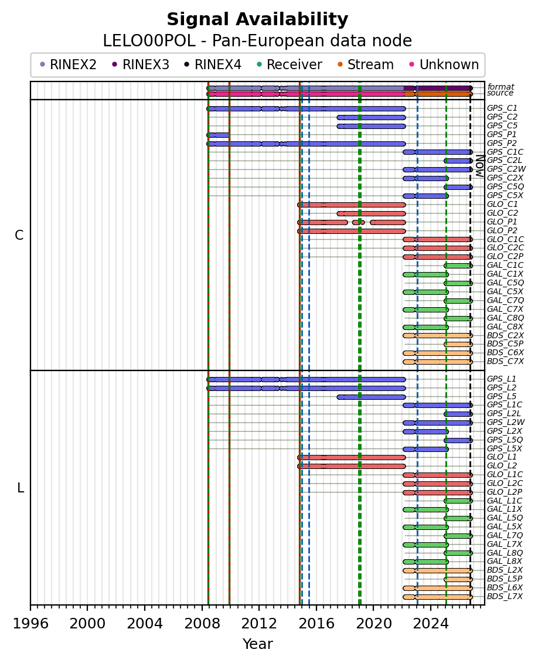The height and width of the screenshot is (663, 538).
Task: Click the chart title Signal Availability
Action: click(257, 19)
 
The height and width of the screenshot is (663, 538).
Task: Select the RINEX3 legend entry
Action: click(141, 64)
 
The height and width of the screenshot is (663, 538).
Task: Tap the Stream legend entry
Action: click(366, 64)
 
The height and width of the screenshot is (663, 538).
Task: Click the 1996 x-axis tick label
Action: click(30, 624)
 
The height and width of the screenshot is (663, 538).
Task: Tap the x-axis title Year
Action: click(257, 644)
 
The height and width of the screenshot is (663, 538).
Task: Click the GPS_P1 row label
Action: click(502, 134)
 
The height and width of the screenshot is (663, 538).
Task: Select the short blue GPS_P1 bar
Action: click(218, 135)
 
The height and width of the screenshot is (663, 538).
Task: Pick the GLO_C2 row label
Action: click(502, 213)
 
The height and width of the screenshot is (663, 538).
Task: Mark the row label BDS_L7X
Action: click(505, 597)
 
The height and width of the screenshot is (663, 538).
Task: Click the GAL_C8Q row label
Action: click(505, 318)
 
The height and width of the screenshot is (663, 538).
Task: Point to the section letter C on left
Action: click(19, 235)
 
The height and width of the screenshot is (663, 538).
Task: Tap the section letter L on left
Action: click(21, 488)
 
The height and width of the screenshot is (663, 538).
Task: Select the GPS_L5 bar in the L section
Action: click(371, 397)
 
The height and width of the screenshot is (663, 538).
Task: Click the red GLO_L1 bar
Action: click(352, 457)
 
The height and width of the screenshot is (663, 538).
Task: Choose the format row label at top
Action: click(501, 87)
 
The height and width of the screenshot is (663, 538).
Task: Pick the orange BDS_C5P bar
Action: click(458, 344)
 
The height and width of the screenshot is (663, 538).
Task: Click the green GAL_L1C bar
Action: click(458, 501)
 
